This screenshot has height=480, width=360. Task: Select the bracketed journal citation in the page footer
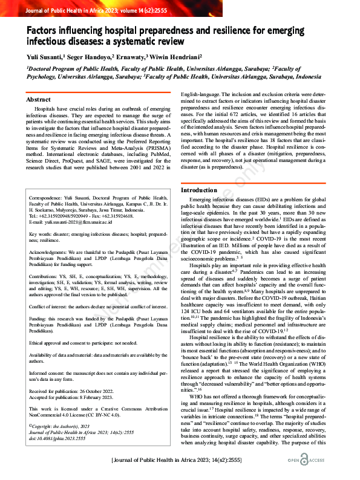180,461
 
